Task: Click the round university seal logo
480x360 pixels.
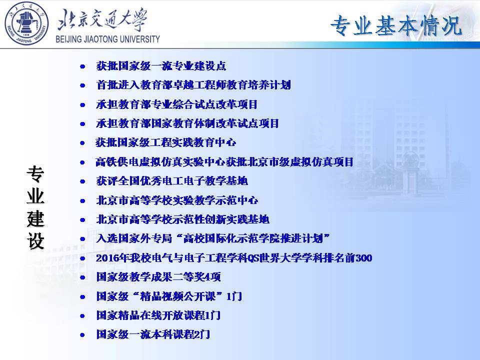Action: [x=26, y=23]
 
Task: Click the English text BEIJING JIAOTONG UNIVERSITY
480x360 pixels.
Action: [x=108, y=39]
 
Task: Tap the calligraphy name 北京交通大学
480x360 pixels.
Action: [x=102, y=19]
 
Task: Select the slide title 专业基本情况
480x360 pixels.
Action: [x=396, y=25]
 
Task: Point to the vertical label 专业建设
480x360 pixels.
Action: [x=35, y=207]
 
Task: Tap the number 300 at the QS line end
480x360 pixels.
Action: [x=363, y=258]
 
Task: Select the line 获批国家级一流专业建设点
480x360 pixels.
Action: [x=161, y=66]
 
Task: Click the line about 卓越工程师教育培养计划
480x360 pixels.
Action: [x=193, y=85]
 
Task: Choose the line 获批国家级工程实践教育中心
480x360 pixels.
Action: [x=165, y=142]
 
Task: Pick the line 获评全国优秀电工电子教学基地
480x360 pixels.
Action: [x=171, y=181]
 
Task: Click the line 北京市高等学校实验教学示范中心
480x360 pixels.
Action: [x=177, y=200]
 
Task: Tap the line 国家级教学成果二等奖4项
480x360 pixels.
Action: [x=158, y=276]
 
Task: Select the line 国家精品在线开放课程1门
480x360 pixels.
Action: [x=158, y=315]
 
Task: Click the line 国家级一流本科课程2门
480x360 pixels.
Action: [x=153, y=334]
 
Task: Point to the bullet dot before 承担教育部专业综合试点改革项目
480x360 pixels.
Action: [x=82, y=104]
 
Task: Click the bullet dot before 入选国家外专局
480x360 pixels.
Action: [x=82, y=239]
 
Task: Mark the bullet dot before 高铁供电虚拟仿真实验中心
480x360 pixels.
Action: [x=82, y=162]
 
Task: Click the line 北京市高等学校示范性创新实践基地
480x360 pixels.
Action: [x=183, y=219]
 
